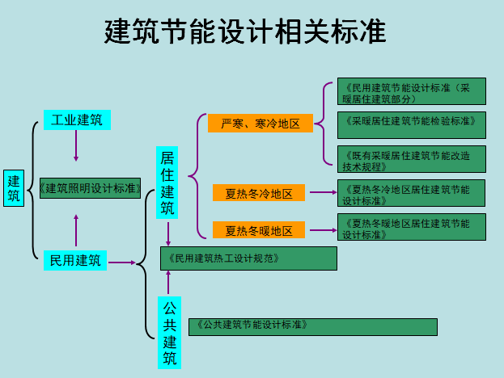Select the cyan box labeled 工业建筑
coord(77,120)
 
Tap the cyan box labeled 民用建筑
coord(75,260)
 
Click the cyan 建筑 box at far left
coord(14,188)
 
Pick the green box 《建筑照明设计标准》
coord(91,188)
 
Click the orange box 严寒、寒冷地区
coord(255,124)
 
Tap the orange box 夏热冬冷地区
coord(259,193)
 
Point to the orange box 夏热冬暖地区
coord(259,229)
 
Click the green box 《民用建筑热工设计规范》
coord(248,258)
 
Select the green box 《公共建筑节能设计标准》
coord(312,326)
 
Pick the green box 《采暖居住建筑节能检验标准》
coord(411,125)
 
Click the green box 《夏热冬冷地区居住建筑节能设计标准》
coord(411,194)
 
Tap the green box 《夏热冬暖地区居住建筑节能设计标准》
coord(411,227)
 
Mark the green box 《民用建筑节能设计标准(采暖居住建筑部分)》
coord(411,92)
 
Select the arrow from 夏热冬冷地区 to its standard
coord(322,193)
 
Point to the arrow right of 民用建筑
coord(122,262)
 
